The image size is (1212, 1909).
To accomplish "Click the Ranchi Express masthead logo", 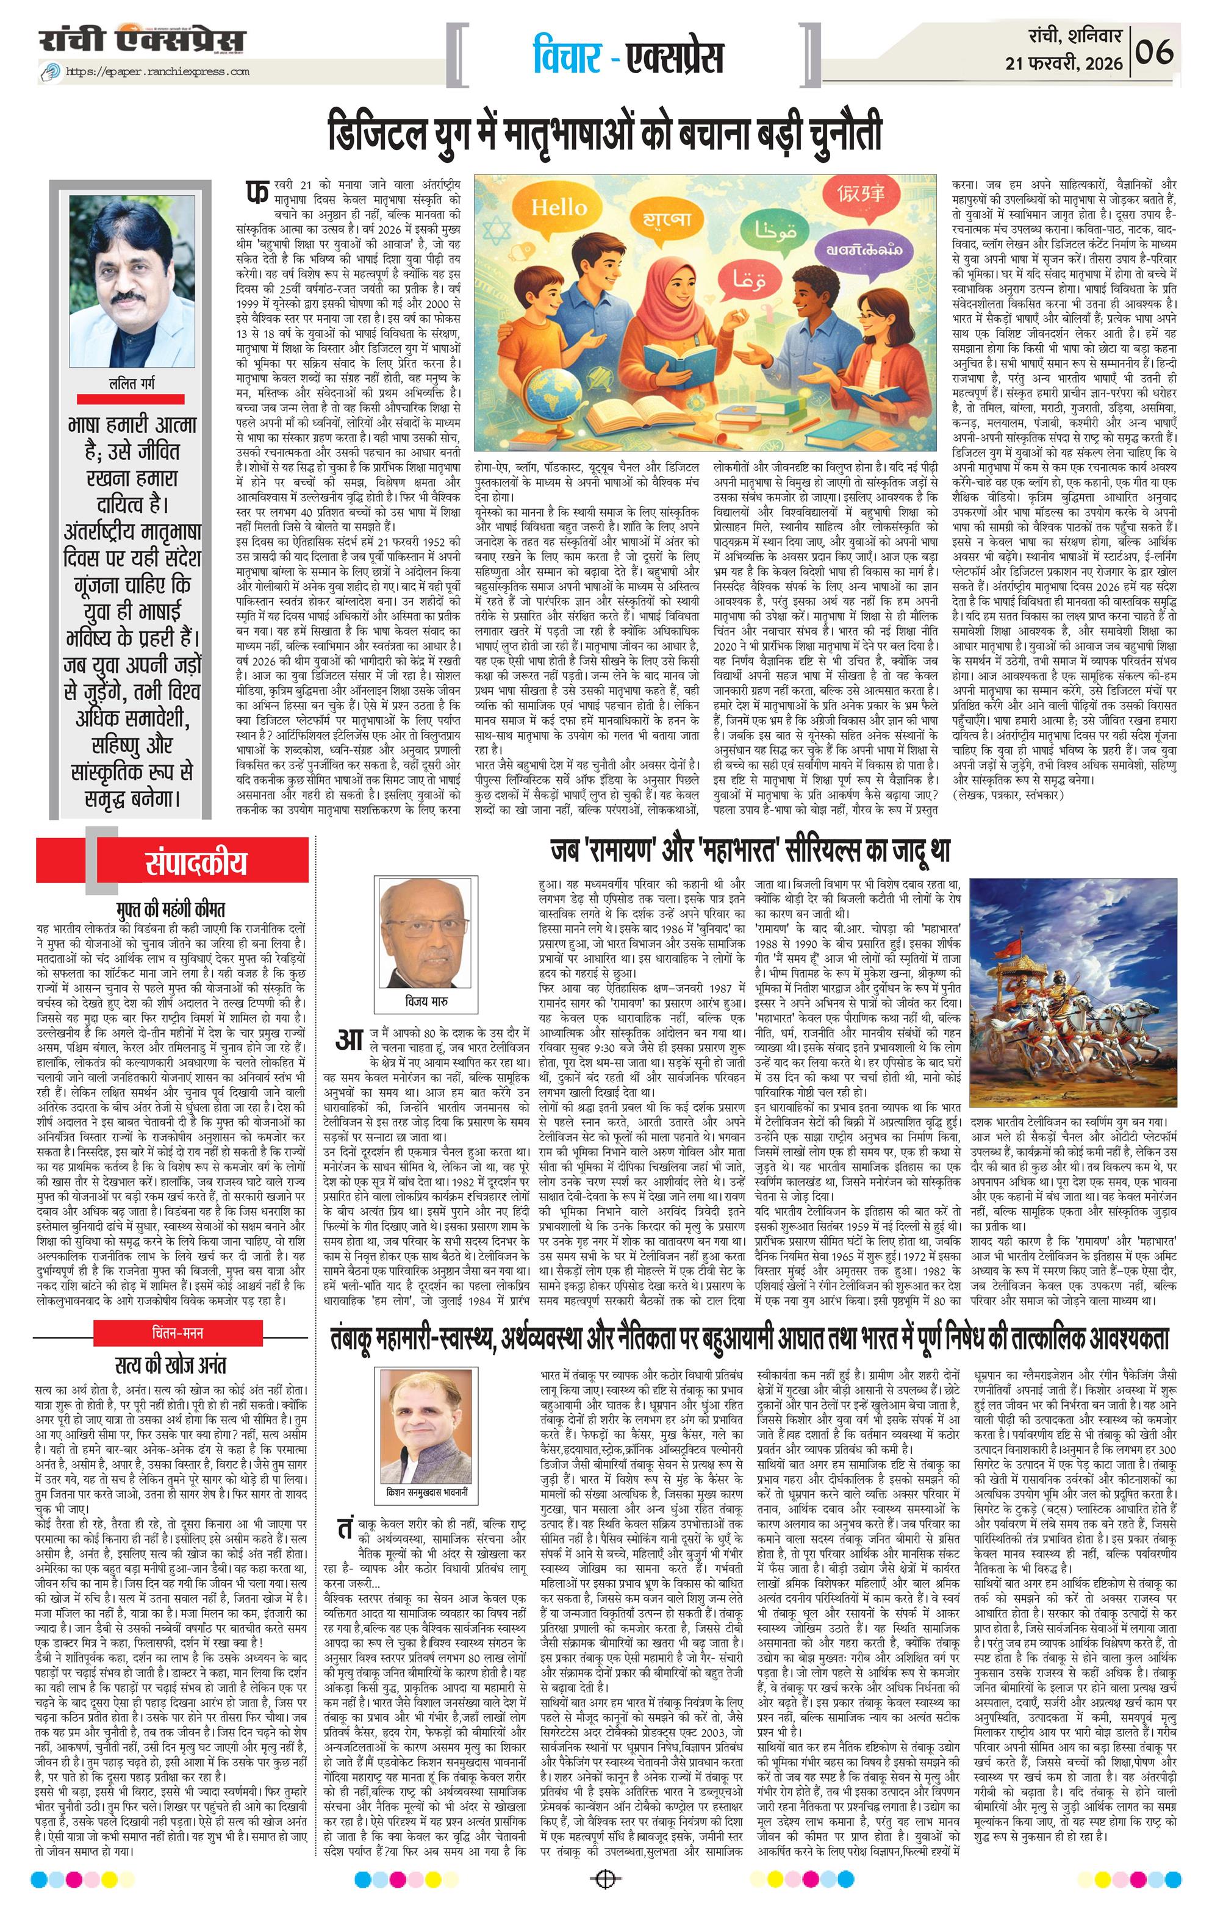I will click(x=143, y=41).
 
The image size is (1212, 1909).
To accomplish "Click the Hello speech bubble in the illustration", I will click(x=559, y=209).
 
